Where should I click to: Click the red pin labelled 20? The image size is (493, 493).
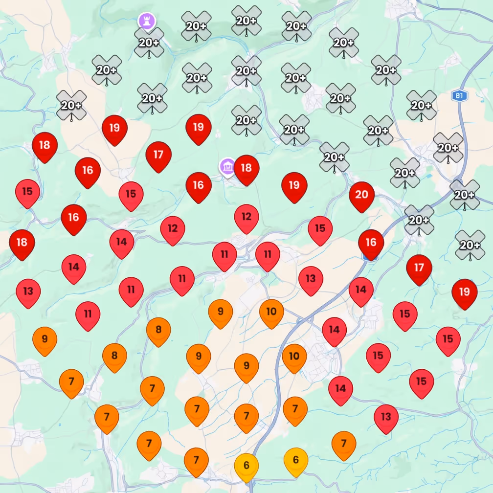(x=361, y=195)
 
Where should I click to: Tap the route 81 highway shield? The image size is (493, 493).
(x=459, y=96)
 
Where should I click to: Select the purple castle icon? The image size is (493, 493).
(x=146, y=21)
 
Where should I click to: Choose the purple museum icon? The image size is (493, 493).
(x=227, y=166)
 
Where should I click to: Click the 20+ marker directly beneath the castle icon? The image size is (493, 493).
(x=149, y=43)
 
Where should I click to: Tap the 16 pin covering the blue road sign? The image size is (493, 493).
(x=371, y=243)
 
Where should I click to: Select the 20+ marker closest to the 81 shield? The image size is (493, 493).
(x=421, y=105)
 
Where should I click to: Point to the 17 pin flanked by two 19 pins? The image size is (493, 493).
(x=158, y=155)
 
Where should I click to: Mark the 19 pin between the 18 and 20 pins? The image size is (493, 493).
(x=294, y=185)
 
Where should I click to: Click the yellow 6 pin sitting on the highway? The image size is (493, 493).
(x=246, y=466)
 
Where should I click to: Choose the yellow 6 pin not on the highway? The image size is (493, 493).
(x=296, y=460)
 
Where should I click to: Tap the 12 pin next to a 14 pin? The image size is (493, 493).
(x=173, y=228)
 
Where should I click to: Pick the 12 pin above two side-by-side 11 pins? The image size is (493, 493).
(x=246, y=217)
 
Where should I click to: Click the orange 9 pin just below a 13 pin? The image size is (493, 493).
(x=45, y=338)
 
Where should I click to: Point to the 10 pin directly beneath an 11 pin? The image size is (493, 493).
(x=271, y=312)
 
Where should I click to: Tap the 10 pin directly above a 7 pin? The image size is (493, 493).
(x=294, y=357)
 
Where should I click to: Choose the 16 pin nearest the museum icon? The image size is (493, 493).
(x=199, y=185)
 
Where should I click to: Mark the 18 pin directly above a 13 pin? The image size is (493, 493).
(x=22, y=243)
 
